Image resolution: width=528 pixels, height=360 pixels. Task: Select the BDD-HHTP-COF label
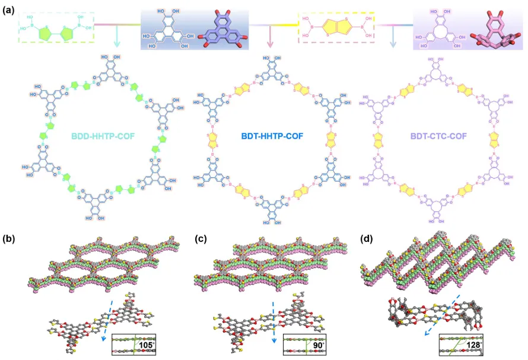(x=104, y=136)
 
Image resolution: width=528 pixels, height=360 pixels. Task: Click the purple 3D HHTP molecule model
(x=224, y=32)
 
